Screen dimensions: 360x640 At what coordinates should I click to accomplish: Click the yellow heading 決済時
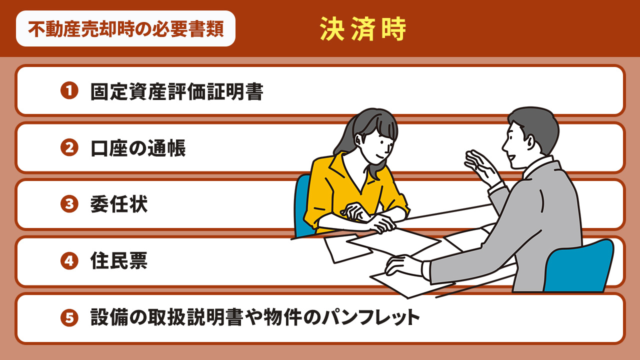pos(363,30)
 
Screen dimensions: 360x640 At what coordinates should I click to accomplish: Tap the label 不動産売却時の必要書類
pos(125,29)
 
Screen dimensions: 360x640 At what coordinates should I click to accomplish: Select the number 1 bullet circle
pos(69,90)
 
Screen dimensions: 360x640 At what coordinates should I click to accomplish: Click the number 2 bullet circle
pos(69,147)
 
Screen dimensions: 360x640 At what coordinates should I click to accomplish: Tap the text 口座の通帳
pos(138,148)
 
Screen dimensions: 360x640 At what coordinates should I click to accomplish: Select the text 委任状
pos(119,204)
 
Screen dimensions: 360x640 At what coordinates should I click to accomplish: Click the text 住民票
pos(119,261)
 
